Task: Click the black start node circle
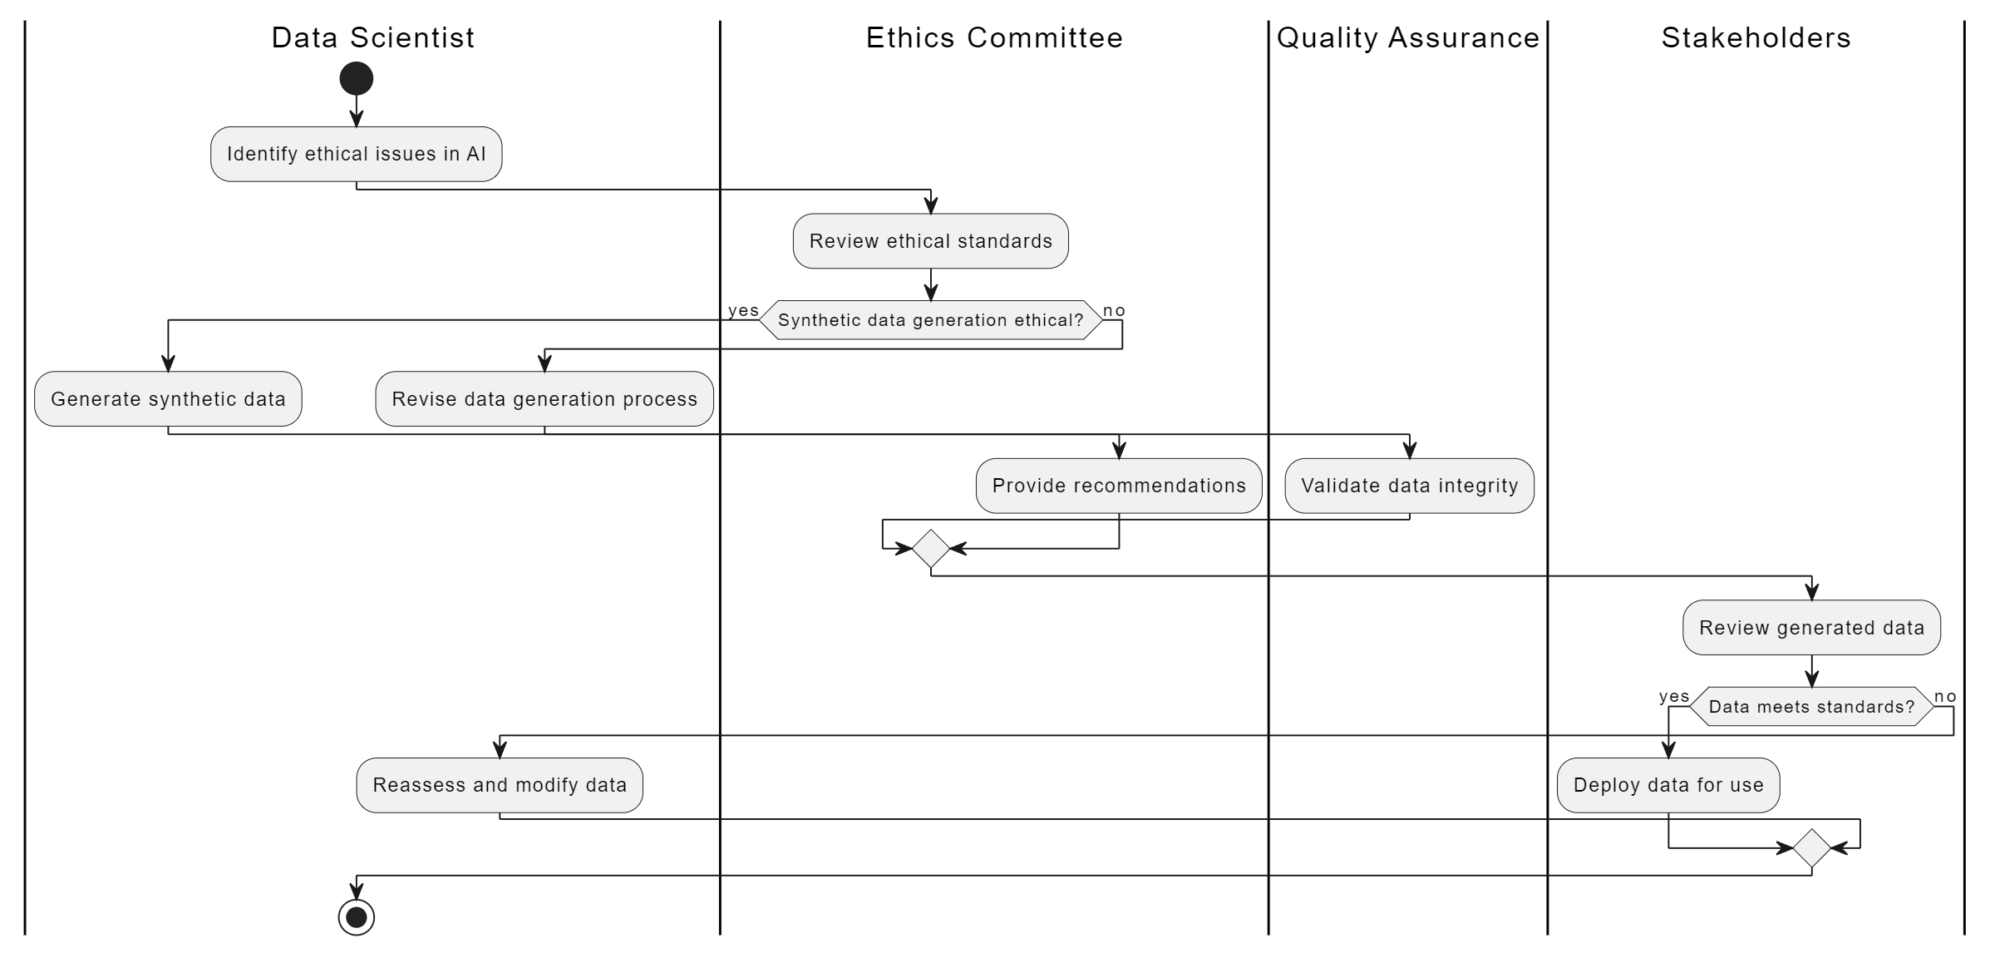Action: pyautogui.click(x=357, y=79)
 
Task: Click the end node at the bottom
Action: pyautogui.click(x=357, y=917)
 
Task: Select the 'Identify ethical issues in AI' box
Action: pyautogui.click(x=357, y=154)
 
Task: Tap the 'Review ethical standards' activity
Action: pyautogui.click(x=931, y=241)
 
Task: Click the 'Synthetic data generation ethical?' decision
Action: pyautogui.click(x=931, y=320)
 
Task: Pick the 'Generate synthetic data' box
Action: pyautogui.click(x=168, y=399)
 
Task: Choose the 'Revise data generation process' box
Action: pyautogui.click(x=544, y=399)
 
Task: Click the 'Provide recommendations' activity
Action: pyautogui.click(x=1119, y=486)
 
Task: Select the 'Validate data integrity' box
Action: pyautogui.click(x=1410, y=486)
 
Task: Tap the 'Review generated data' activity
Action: pyautogui.click(x=1812, y=628)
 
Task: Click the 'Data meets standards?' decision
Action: pyautogui.click(x=1812, y=707)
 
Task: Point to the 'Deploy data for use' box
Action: pyautogui.click(x=1668, y=785)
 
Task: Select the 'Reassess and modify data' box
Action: pyautogui.click(x=500, y=785)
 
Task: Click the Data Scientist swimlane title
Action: pyautogui.click(x=373, y=38)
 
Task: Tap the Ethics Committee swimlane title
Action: pyautogui.click(x=994, y=38)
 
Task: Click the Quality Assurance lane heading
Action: pyautogui.click(x=1408, y=38)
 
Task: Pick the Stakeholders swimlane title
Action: pyautogui.click(x=1756, y=38)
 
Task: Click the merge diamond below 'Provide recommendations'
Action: pyautogui.click(x=931, y=549)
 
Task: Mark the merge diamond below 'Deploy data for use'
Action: pyautogui.click(x=1812, y=848)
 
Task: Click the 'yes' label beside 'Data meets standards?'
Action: pyautogui.click(x=1674, y=697)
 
